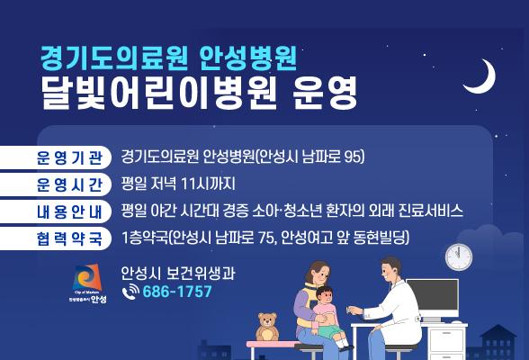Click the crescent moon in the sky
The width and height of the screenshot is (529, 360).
(x=479, y=77)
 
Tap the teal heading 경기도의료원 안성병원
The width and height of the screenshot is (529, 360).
(x=175, y=57)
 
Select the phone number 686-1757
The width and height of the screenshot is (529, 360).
(x=177, y=292)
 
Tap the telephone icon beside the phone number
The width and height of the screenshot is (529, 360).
(x=130, y=292)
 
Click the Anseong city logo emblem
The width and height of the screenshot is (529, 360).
(x=88, y=278)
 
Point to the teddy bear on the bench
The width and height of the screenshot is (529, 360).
(x=266, y=327)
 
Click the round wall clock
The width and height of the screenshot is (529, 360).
(x=459, y=256)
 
